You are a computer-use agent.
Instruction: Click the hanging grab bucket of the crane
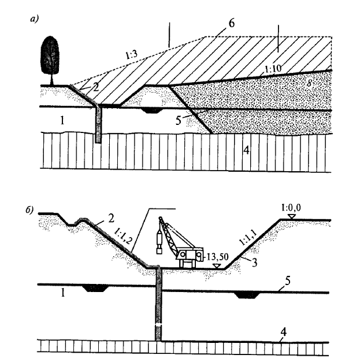click(x=158, y=243)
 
